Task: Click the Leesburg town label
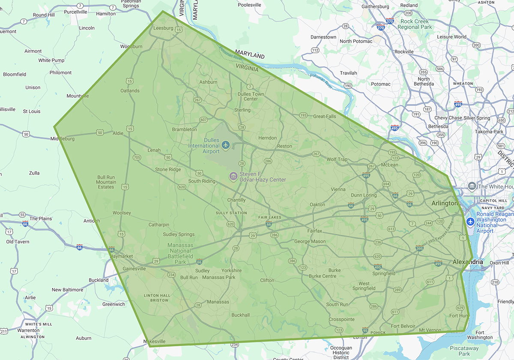pos(163,28)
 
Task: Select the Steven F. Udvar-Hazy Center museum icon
pos(233,176)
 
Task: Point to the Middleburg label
pos(63,139)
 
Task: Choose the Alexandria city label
pos(468,262)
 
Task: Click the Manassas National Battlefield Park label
pos(180,253)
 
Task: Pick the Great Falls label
pos(325,116)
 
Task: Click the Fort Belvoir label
pos(403,326)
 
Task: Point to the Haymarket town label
pos(122,256)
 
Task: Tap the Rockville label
pos(404,51)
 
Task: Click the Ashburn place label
pos(208,82)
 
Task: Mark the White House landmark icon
pos(472,186)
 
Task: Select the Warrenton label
pos(28,330)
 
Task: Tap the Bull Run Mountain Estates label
pos(106,182)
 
